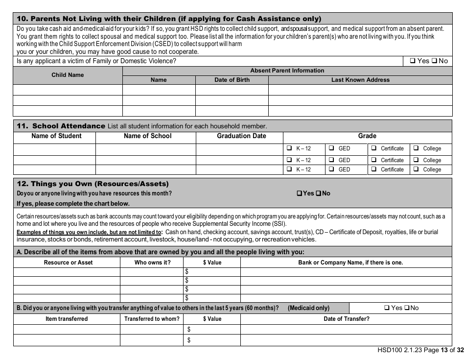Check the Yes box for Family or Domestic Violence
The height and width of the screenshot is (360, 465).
tap(413, 61)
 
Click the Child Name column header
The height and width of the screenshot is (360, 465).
tap(68, 75)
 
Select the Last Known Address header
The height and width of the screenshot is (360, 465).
tap(360, 80)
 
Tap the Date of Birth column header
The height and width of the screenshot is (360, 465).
tap(232, 80)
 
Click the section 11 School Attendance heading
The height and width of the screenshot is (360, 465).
tap(61, 126)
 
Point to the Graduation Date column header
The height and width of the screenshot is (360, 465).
tap(241, 136)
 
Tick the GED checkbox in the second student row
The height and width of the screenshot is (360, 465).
tap(331, 160)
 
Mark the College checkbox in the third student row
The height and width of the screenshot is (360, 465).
tap(416, 169)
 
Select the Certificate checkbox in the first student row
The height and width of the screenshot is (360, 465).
tap(374, 148)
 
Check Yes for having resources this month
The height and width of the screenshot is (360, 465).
tap(300, 193)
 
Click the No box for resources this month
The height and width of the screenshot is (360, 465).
tap(319, 193)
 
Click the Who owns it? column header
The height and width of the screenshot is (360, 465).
tap(152, 263)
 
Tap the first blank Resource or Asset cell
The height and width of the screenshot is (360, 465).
tap(67, 272)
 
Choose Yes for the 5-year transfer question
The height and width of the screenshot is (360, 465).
tap(387, 308)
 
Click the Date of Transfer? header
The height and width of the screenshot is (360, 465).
tap(347, 319)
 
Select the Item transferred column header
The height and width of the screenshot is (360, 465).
tap(67, 319)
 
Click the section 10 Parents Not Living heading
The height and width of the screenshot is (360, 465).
tap(169, 19)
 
